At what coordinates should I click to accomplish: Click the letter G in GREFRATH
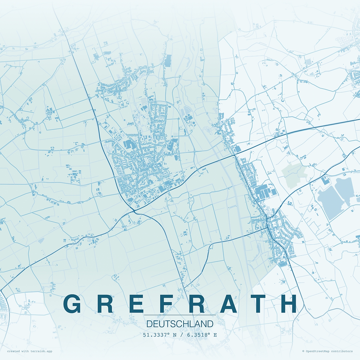[x=72, y=304]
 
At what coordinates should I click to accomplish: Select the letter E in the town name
[x=136, y=304]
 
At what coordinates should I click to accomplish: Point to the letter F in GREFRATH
[x=166, y=304]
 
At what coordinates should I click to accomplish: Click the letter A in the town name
[x=229, y=304]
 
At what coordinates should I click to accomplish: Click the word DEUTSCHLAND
[x=180, y=324]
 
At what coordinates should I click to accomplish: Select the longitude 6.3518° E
[x=202, y=335]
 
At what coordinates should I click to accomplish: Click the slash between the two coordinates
[x=182, y=335]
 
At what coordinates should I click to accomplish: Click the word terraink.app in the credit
[x=41, y=351]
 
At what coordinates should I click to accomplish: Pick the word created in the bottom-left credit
[x=13, y=351]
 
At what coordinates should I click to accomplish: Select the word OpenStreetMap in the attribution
[x=318, y=351]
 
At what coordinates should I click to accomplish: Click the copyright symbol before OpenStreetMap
[x=303, y=351]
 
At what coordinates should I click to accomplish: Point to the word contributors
[x=342, y=351]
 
